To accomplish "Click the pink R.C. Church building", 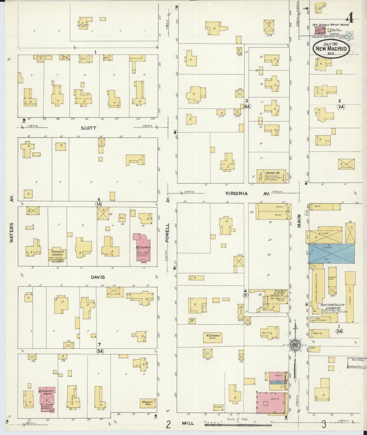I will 142,247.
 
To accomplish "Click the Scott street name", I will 88,128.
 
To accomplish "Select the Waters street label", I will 12,233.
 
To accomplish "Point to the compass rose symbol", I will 295,345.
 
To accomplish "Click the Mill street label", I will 188,423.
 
